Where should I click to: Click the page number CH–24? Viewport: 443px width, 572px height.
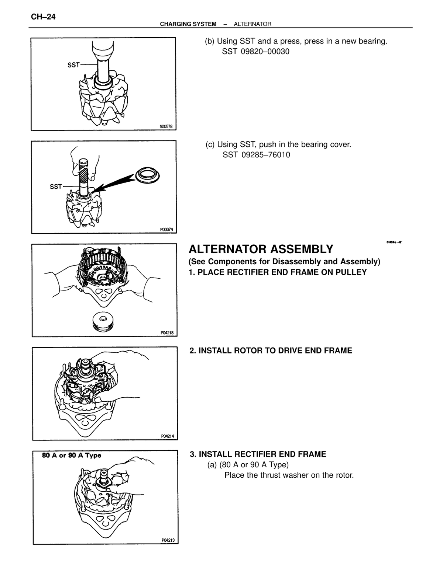click(x=43, y=17)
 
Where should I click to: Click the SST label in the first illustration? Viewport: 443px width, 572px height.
click(x=73, y=65)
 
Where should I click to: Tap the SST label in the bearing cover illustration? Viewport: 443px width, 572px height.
click(x=56, y=186)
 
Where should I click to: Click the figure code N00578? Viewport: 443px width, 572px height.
click(x=166, y=127)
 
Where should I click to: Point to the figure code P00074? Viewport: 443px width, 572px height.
click(x=166, y=230)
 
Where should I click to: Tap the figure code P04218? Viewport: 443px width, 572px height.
click(x=167, y=333)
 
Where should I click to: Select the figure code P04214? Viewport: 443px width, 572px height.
click(x=168, y=436)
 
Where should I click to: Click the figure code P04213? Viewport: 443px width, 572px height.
click(x=168, y=540)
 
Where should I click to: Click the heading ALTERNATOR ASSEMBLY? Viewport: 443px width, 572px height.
click(x=261, y=249)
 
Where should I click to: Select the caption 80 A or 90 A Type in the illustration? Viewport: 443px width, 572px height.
click(x=72, y=456)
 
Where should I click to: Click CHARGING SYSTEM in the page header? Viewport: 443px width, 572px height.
click(x=188, y=24)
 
